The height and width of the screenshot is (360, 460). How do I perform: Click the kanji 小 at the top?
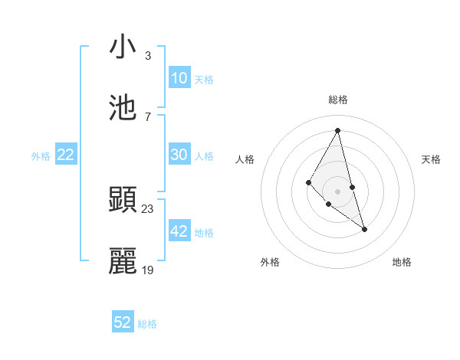pyautogui.click(x=123, y=47)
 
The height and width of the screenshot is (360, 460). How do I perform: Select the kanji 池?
pyautogui.click(x=123, y=108)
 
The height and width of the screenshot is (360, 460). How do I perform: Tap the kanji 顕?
pyautogui.click(x=123, y=200)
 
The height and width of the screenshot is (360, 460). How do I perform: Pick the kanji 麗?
pyautogui.click(x=123, y=261)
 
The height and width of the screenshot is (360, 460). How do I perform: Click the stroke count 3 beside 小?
pyautogui.click(x=148, y=56)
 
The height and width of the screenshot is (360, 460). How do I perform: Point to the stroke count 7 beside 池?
pyautogui.click(x=148, y=117)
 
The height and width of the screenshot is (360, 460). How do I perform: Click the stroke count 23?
pyautogui.click(x=148, y=209)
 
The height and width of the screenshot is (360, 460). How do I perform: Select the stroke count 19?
pyautogui.click(x=148, y=270)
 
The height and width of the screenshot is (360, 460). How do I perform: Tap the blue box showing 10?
pyautogui.click(x=179, y=77)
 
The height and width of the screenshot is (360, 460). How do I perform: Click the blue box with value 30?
pyautogui.click(x=179, y=155)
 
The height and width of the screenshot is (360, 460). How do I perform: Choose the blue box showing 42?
pyautogui.click(x=179, y=231)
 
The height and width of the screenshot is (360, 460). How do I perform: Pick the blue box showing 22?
pyautogui.click(x=66, y=155)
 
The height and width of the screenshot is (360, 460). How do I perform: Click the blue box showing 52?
pyautogui.click(x=123, y=322)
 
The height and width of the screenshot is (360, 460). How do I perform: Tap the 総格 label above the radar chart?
pyautogui.click(x=338, y=100)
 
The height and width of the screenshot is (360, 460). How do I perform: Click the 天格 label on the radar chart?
pyautogui.click(x=432, y=159)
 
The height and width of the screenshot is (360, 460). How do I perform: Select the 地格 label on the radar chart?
pyautogui.click(x=402, y=262)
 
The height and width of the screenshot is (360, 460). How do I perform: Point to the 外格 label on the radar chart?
pyautogui.click(x=270, y=262)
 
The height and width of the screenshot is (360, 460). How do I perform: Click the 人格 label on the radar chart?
pyautogui.click(x=245, y=159)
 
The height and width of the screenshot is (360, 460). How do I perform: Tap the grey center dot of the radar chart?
pyautogui.click(x=337, y=191)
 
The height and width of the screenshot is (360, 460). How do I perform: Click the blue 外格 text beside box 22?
pyautogui.click(x=41, y=155)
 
